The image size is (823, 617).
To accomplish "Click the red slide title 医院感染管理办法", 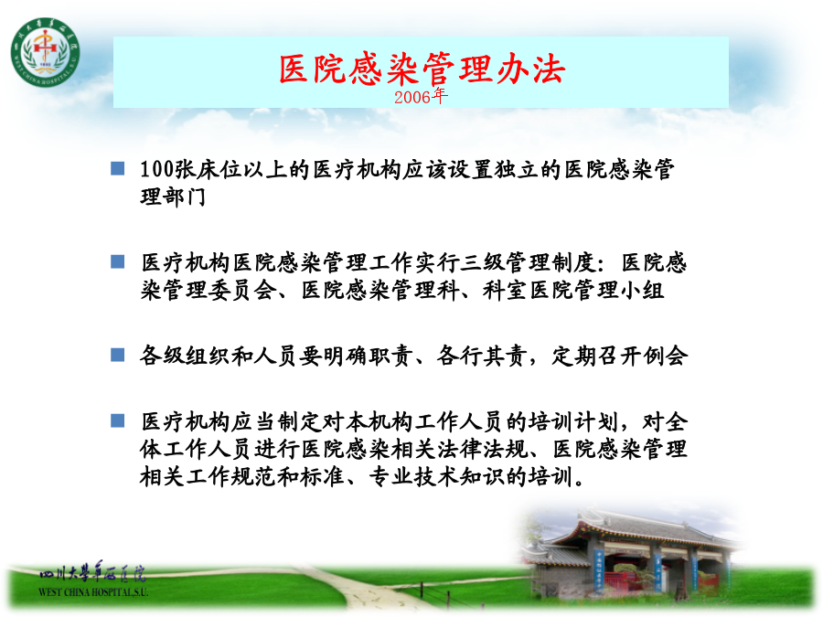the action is pyautogui.click(x=422, y=69).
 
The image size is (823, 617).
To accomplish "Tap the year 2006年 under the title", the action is pyautogui.click(x=421, y=97).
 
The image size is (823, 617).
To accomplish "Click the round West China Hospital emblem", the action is pyautogui.click(x=46, y=52).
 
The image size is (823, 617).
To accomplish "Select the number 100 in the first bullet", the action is pyautogui.click(x=156, y=169).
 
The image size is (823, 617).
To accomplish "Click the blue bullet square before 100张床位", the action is pyautogui.click(x=118, y=168).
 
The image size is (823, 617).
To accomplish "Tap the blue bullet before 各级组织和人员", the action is pyautogui.click(x=118, y=356).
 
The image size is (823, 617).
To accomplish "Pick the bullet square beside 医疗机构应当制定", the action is pyautogui.click(x=118, y=420).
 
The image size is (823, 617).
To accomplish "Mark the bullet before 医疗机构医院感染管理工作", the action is pyautogui.click(x=118, y=261).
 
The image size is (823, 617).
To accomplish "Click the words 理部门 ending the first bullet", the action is pyautogui.click(x=173, y=197).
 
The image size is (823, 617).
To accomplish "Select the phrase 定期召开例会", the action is pyautogui.click(x=620, y=356).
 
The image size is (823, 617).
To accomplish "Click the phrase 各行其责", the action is pyautogui.click(x=482, y=356).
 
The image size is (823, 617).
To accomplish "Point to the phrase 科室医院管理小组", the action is pyautogui.click(x=573, y=290).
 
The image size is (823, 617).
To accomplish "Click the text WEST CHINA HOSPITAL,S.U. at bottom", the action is pyautogui.click(x=93, y=592).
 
